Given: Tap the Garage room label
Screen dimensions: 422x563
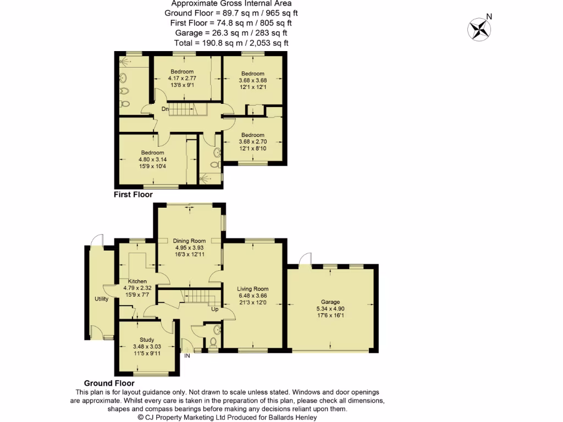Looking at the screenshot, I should [330, 302].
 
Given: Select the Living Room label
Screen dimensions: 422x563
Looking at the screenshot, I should [252, 289].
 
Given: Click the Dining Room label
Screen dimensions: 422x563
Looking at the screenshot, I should [189, 241].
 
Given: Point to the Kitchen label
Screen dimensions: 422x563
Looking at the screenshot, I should [137, 281].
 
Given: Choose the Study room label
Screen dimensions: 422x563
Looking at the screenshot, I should [147, 340].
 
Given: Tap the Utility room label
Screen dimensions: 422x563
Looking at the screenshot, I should [101, 299].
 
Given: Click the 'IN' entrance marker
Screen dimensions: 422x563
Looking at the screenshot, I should [187, 356].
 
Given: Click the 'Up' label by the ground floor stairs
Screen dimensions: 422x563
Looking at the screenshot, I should [216, 309].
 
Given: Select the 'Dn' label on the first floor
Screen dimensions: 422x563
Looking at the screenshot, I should [164, 109].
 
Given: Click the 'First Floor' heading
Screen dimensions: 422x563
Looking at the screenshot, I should [133, 195].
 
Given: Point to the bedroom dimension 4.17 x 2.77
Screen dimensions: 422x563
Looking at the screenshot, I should [182, 78].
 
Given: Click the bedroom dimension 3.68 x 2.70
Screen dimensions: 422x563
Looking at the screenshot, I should [252, 142].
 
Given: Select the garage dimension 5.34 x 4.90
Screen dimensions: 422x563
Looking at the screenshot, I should [330, 308].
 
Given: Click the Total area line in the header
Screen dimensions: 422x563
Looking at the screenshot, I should [231, 43].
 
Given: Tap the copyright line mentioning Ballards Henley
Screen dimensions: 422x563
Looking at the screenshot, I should [227, 417].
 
